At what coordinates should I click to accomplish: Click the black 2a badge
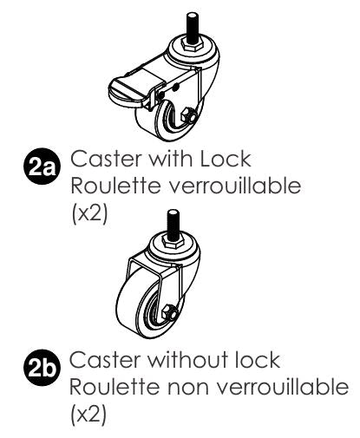42,167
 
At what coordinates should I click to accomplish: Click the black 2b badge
42,369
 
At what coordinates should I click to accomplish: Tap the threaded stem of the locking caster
193,28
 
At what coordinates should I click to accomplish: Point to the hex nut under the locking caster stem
193,45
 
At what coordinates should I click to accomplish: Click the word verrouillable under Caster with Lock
235,186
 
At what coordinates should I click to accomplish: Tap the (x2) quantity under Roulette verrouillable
89,213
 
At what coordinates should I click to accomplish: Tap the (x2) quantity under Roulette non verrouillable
88,415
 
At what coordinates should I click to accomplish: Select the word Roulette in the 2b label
115,387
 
